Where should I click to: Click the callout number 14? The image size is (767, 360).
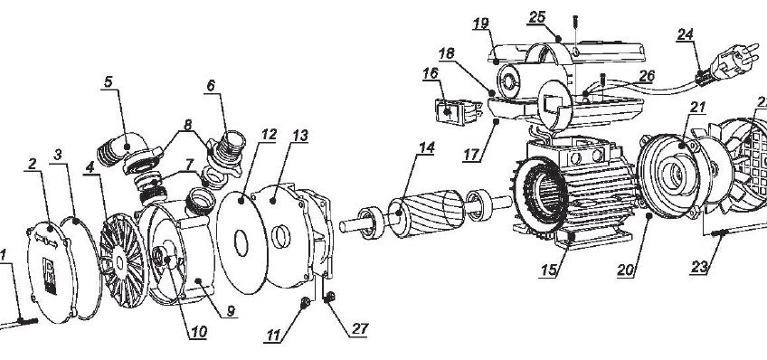point(427,148)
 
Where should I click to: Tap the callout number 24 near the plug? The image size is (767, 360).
point(685,34)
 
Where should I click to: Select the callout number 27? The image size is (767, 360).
point(360,328)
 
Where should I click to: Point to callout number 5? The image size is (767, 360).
point(109,81)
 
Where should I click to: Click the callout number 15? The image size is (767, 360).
point(549,270)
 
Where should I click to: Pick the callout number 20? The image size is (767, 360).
point(627,270)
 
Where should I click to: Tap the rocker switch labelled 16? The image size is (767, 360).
point(456,112)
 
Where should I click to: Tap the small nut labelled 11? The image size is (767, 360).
point(304,304)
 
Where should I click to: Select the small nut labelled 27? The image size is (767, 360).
point(330,297)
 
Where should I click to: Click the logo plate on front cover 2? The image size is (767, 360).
point(50,275)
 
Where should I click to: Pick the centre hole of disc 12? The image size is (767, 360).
point(241,243)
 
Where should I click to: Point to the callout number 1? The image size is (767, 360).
point(3,255)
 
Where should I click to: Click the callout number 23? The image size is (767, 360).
point(699,267)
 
